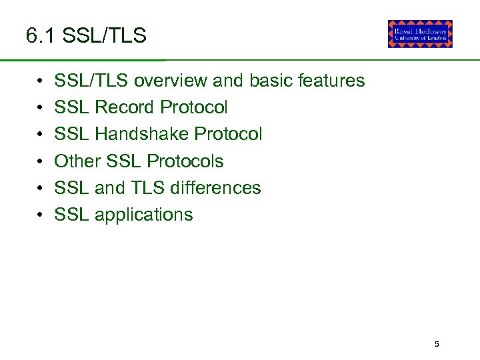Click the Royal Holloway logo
pos(420,34)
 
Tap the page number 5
pos(437,345)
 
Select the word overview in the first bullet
pos(170,81)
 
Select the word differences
pos(215,188)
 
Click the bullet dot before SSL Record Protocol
pos(41,108)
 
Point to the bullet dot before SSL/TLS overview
pos(41,81)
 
